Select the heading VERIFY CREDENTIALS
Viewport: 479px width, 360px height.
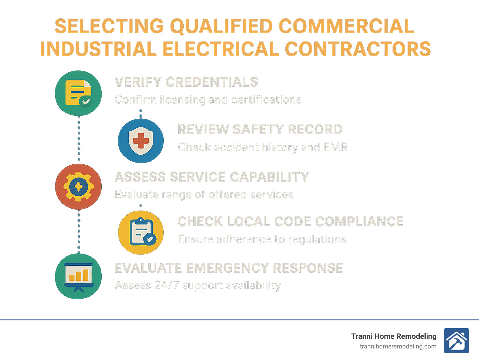[x=186, y=82]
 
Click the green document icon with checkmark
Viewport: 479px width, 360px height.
[x=78, y=93]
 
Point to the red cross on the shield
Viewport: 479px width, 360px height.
[x=141, y=141]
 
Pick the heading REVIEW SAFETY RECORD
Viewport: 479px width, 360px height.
[x=260, y=129]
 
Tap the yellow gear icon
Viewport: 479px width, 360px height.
[x=79, y=187]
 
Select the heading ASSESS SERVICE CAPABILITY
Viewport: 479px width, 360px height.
[x=212, y=177]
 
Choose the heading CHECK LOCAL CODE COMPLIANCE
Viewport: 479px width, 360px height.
[x=290, y=221]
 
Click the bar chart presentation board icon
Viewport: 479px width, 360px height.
[x=79, y=276]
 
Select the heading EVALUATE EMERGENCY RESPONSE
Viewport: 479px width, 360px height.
[x=229, y=268]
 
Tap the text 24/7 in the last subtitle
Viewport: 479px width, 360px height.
[x=167, y=285]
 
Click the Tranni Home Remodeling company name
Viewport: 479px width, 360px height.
[x=394, y=336]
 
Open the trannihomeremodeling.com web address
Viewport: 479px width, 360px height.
[x=398, y=346]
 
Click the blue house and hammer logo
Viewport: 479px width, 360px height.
[x=456, y=341]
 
